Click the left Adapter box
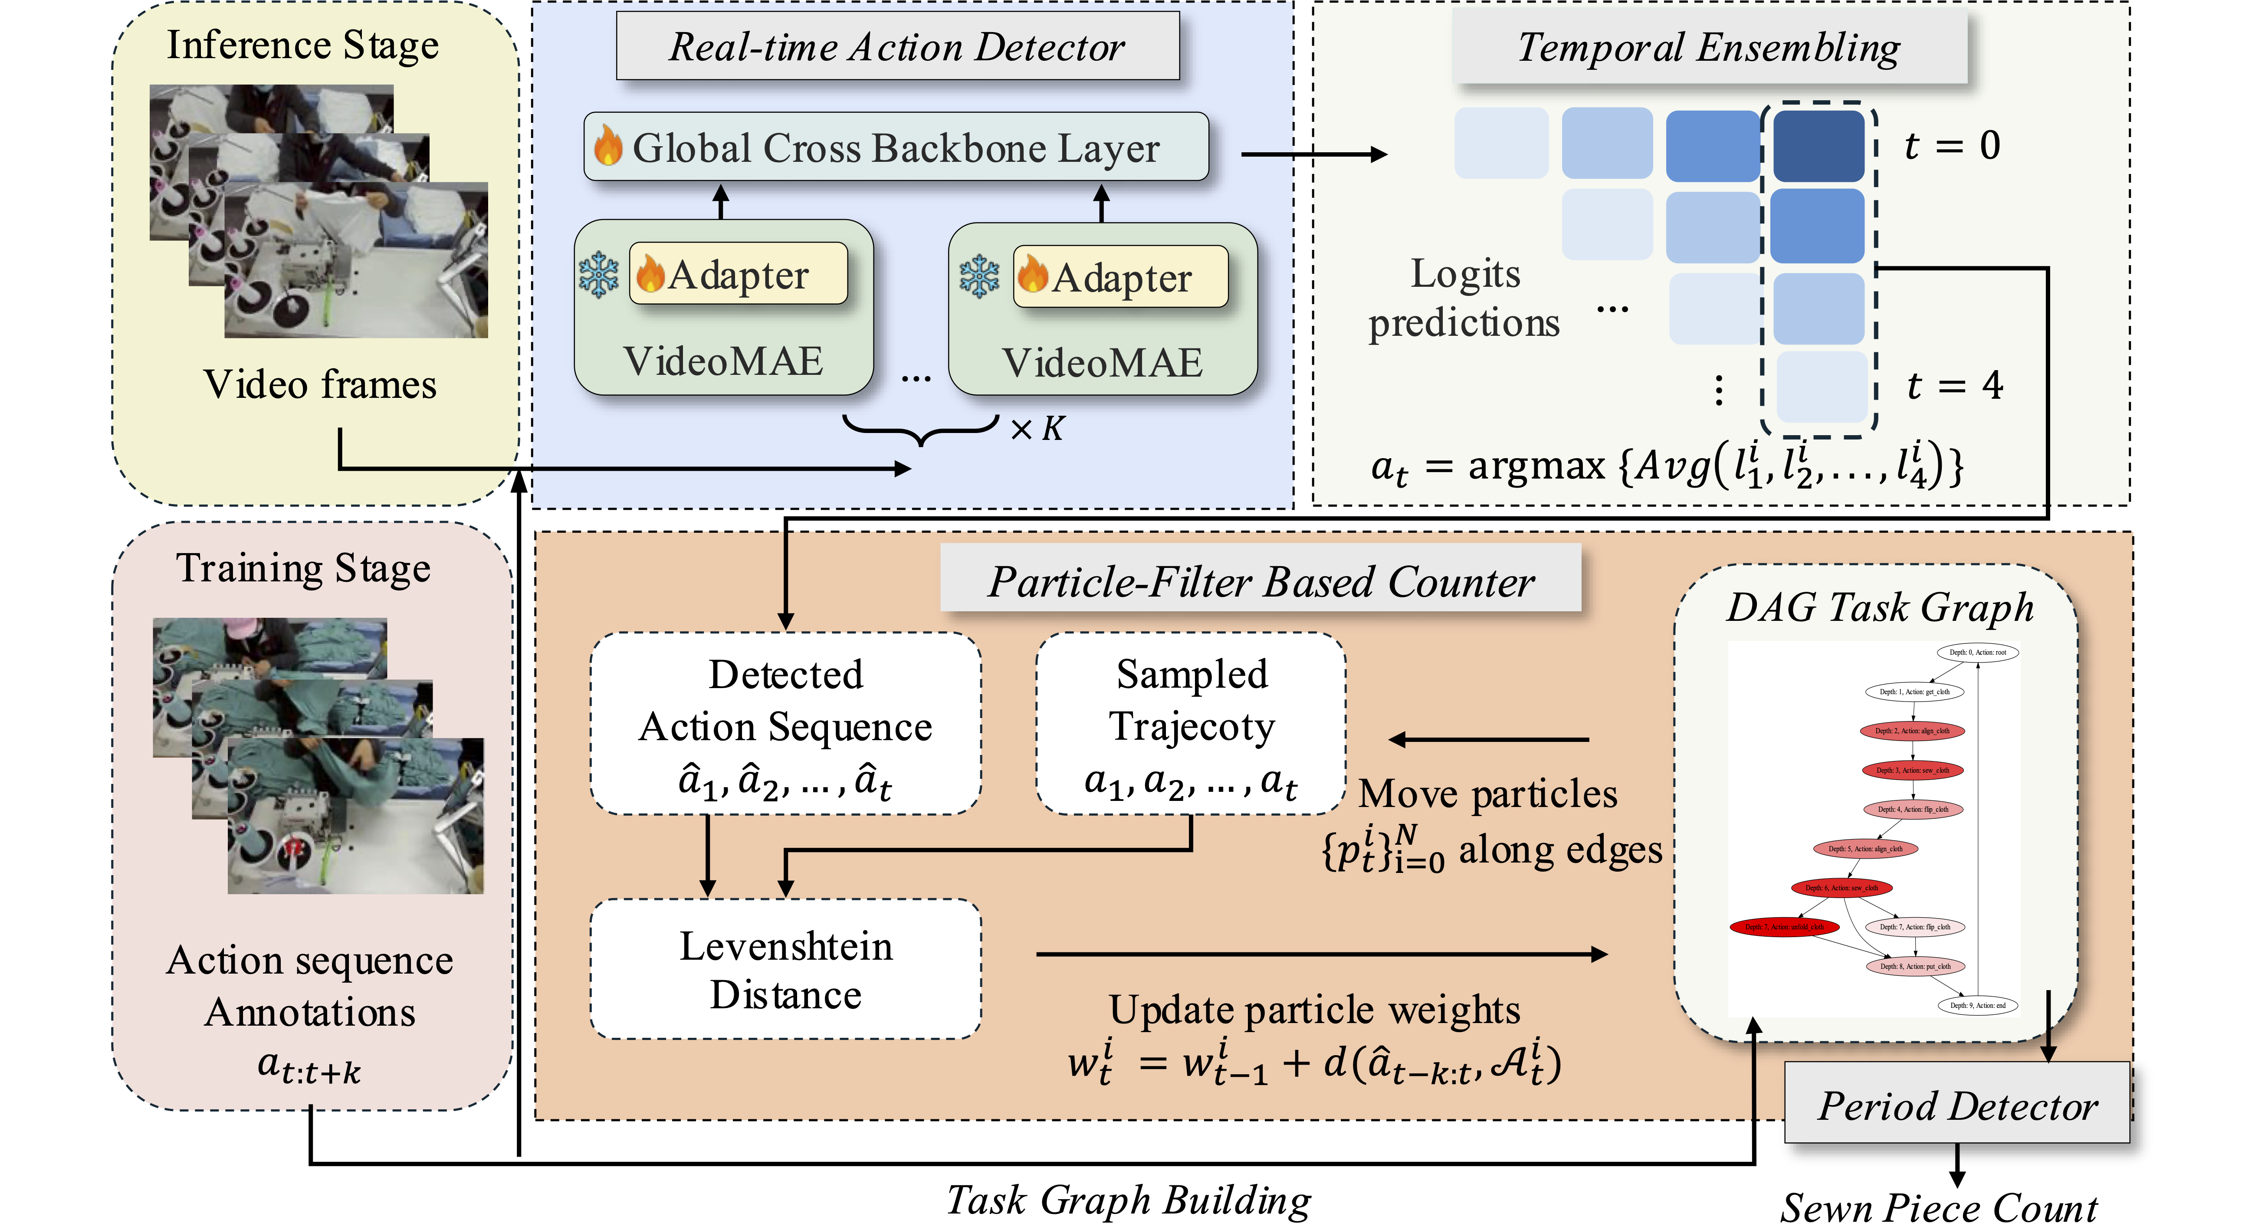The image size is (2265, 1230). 739,274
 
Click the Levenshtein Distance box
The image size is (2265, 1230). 785,969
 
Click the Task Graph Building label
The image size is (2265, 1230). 1128,1199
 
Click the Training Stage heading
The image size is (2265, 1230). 303,568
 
